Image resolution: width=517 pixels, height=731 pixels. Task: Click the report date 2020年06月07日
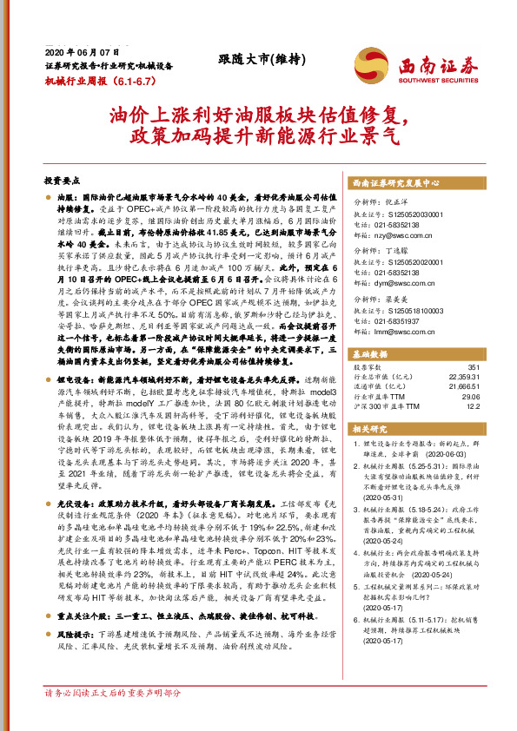(x=83, y=53)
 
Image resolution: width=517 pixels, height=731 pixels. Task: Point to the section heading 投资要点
(x=63, y=180)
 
